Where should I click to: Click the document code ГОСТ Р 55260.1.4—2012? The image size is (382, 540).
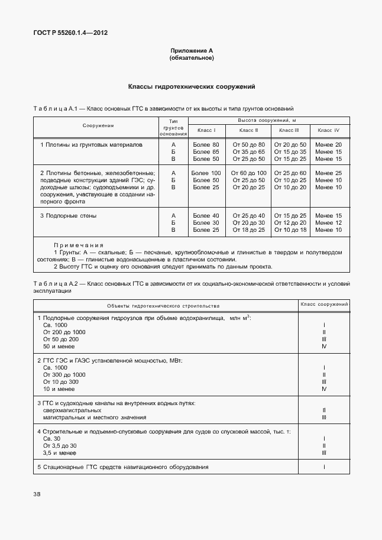click(x=70, y=33)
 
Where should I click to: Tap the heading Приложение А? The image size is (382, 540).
click(x=191, y=51)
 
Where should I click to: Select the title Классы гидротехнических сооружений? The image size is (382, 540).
click(x=191, y=86)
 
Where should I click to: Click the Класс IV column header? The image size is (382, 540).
click(x=328, y=130)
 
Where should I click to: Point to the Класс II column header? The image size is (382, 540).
click(x=248, y=130)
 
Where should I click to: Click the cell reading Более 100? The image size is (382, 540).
click(x=206, y=173)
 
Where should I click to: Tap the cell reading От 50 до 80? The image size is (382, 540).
click(x=248, y=144)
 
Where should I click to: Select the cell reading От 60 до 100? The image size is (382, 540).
click(x=248, y=173)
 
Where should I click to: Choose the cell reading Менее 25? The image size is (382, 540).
click(x=328, y=173)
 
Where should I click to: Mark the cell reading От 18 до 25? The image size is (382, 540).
click(x=248, y=229)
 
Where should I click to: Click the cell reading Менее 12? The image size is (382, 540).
click(x=328, y=222)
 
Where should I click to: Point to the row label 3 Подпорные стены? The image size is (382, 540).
click(x=69, y=215)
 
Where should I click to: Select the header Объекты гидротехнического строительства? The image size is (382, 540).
click(x=163, y=306)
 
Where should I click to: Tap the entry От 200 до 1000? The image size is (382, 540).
click(x=64, y=332)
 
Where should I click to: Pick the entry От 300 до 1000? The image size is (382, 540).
click(x=64, y=374)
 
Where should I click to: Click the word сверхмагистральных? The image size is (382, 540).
click(x=72, y=410)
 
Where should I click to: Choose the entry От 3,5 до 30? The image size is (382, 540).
click(x=60, y=445)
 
